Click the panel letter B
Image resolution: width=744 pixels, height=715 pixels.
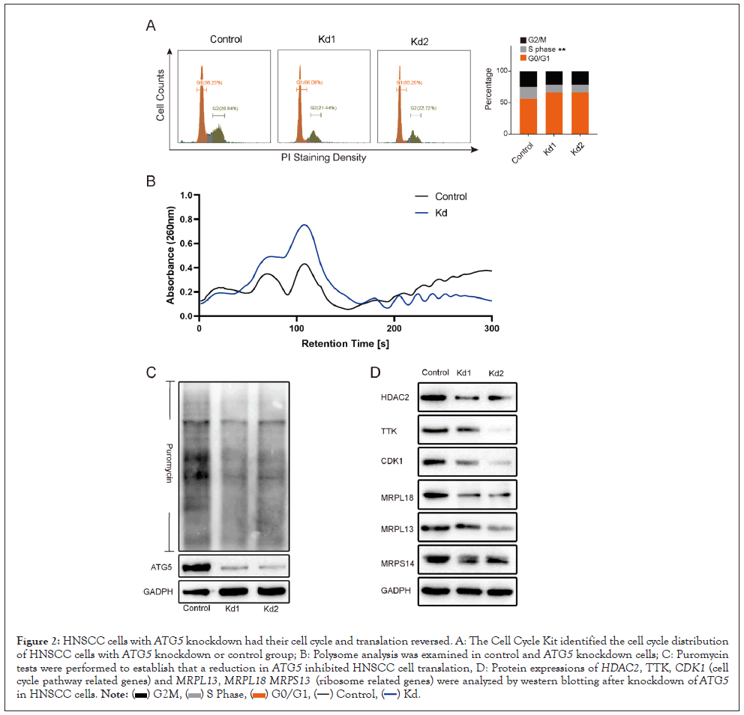point(151,181)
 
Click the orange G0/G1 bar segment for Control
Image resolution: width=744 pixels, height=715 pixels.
point(529,116)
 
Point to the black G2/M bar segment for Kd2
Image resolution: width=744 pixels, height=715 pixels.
point(580,78)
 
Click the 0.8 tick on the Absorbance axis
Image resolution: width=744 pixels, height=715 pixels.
point(186,219)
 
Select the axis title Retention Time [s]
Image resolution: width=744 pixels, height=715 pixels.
point(345,344)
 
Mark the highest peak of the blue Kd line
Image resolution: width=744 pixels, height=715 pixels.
point(304,225)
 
